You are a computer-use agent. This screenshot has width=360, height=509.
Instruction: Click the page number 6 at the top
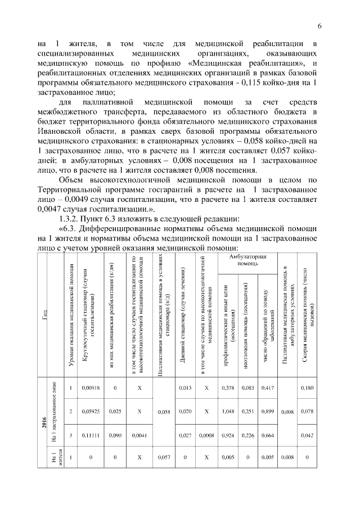319,26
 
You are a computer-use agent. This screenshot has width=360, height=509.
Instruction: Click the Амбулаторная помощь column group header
247,259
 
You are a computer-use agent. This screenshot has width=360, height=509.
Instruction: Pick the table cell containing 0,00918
90,388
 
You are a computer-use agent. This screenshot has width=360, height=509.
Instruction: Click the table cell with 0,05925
90,411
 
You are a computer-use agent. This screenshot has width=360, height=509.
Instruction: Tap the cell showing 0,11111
90,435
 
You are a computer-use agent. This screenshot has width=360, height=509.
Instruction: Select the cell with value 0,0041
138,435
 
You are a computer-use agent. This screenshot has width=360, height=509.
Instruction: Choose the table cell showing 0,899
268,411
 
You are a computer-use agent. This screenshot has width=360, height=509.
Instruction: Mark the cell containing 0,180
307,388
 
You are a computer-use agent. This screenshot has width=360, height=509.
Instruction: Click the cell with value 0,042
307,435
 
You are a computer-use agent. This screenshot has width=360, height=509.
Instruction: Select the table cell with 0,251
247,411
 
